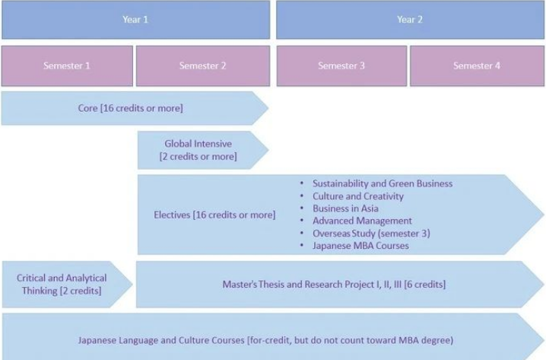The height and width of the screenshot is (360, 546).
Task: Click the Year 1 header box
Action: (x=135, y=20)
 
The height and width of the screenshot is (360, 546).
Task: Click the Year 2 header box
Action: (x=410, y=20)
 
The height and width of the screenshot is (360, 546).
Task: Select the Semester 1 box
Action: (x=67, y=65)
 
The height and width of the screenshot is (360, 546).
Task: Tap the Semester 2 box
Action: (x=203, y=65)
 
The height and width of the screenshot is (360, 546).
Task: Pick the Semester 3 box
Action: (x=341, y=65)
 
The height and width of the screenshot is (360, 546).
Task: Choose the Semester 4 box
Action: (x=477, y=65)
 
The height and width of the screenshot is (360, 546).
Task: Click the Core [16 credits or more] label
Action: (x=130, y=108)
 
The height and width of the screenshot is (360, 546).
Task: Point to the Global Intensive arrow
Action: (x=198, y=150)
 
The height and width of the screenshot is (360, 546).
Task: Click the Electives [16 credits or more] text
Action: (x=214, y=215)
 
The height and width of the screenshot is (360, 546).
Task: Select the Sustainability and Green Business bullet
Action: (x=383, y=183)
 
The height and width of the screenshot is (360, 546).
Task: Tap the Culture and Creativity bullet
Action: (x=358, y=196)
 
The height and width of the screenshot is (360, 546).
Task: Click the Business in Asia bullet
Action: (x=345, y=209)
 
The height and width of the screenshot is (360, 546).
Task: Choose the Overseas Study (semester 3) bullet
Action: (x=371, y=233)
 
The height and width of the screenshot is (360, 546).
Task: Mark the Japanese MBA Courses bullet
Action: (x=360, y=246)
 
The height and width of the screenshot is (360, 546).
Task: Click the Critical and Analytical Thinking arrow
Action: (x=62, y=285)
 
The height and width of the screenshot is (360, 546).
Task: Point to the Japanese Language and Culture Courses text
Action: (x=278, y=339)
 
